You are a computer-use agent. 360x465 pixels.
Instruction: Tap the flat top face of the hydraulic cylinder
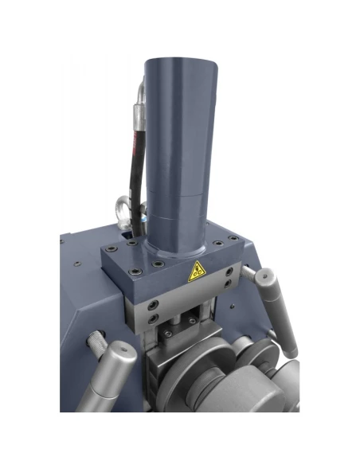pyautogui.click(x=178, y=64)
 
